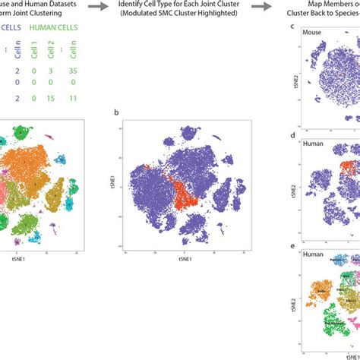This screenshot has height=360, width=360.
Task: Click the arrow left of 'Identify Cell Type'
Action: [x=98, y=5]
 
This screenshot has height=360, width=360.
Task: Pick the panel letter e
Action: [x=293, y=246]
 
